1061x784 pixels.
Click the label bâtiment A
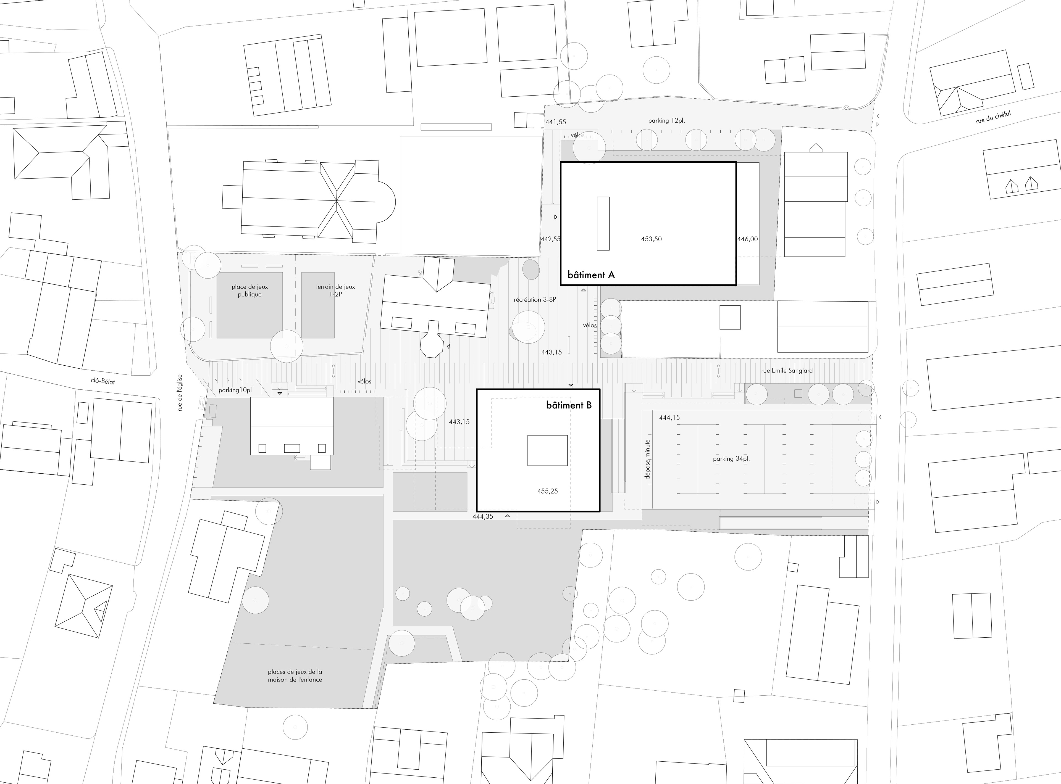(x=591, y=275)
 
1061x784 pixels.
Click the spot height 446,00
(x=748, y=239)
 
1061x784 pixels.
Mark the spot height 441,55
(x=556, y=122)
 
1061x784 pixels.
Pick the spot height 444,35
(x=483, y=516)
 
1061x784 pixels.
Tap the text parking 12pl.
(x=666, y=121)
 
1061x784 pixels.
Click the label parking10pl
(x=235, y=390)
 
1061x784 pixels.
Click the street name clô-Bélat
(x=103, y=381)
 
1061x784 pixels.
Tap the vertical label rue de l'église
(x=180, y=393)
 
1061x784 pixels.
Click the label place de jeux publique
(x=250, y=291)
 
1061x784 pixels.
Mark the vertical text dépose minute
(x=648, y=459)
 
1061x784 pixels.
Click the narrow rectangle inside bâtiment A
(x=603, y=223)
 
